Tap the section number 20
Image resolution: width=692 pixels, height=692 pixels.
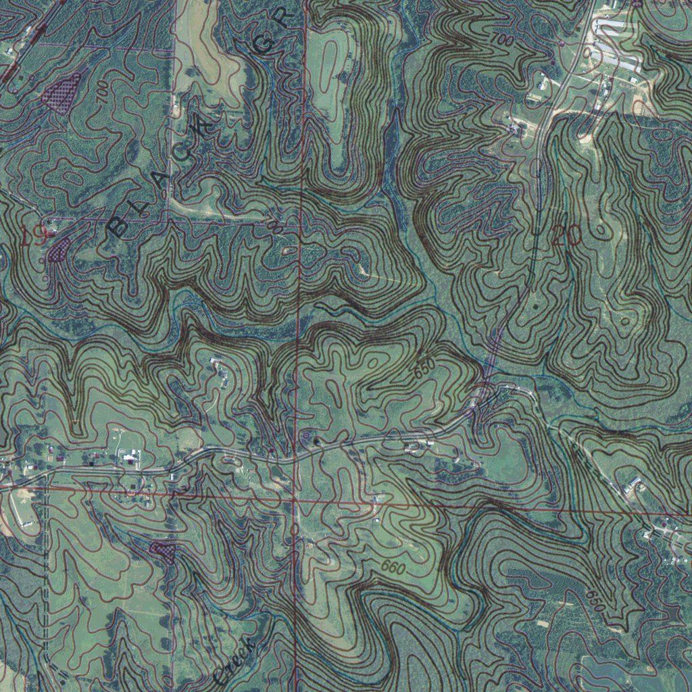[566, 236]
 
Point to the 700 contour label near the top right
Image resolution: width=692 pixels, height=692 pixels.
[501, 41]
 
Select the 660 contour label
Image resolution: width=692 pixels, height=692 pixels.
[393, 568]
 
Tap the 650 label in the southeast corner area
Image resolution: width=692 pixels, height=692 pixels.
[595, 601]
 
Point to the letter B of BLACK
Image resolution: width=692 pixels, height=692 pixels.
[118, 227]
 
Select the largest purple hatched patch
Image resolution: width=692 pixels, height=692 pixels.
[61, 91]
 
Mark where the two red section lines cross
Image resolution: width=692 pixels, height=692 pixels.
[295, 501]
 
